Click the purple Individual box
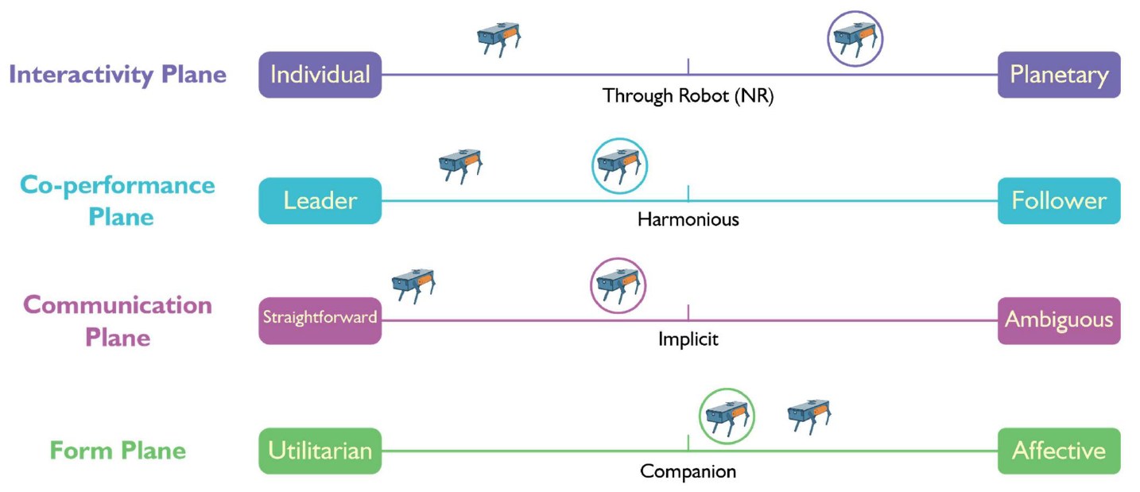click(320, 75)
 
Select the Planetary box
click(1058, 75)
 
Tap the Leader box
click(320, 200)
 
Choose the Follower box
click(1058, 200)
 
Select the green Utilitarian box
click(320, 451)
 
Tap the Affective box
click(1058, 451)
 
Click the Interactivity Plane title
click(118, 75)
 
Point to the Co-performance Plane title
click(118, 201)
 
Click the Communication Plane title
click(118, 321)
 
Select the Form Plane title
click(118, 451)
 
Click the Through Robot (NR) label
click(688, 97)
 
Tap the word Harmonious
click(688, 219)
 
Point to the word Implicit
click(688, 339)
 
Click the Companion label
click(688, 471)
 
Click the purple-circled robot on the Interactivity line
click(855, 38)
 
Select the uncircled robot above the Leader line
click(460, 165)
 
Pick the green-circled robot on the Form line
click(727, 416)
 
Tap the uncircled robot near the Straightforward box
click(413, 285)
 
